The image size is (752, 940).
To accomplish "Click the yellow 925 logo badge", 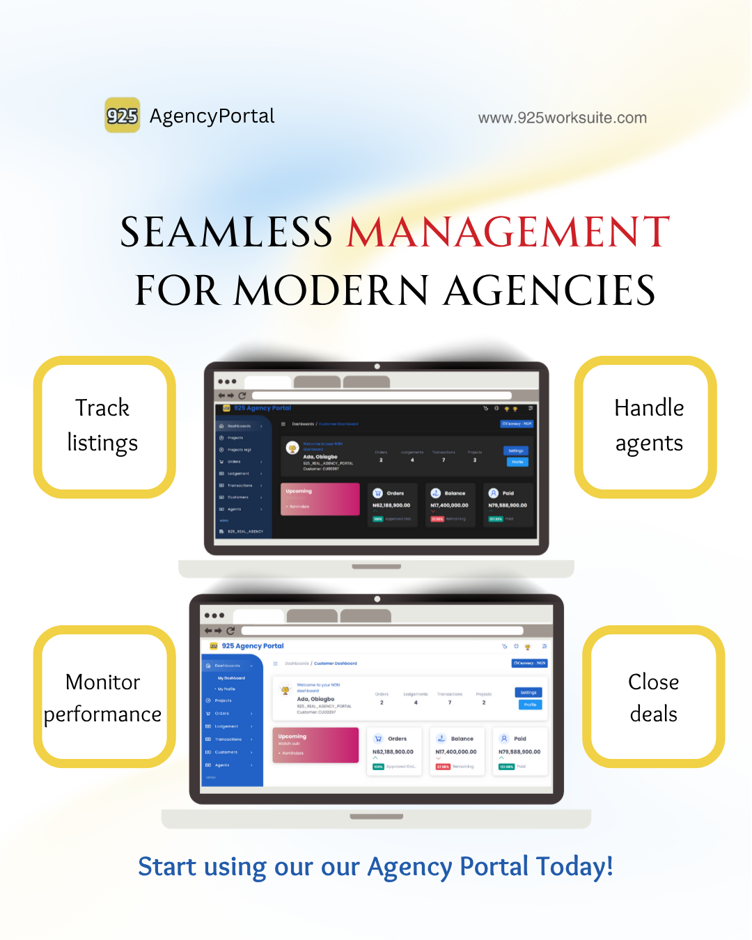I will pos(123,116).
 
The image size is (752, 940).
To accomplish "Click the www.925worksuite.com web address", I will pos(562,118).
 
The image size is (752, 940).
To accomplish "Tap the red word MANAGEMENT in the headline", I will pos(508,233).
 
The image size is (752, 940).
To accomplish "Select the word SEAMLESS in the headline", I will pos(226,233).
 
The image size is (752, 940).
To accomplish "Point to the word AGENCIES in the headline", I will pos(549,290).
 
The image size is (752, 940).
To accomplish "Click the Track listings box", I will pos(104,426).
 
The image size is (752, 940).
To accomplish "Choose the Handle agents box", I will pos(646,426).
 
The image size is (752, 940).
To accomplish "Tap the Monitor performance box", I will pos(104,696).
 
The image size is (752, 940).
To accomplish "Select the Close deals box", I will pos(653,696).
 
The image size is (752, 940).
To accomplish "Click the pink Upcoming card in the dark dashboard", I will pos(320,499).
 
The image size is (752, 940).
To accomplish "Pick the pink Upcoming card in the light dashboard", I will pos(315,745).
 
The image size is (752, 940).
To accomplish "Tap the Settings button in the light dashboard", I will pos(528,692).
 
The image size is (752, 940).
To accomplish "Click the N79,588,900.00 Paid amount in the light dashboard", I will pos(519,752).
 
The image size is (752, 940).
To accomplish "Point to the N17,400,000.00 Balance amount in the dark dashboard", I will pos(449,506).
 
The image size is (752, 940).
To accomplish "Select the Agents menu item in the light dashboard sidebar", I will pos(223,765).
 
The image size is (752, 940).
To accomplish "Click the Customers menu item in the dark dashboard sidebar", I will pos(238,497).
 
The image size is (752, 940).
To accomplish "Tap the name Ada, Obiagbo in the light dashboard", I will pos(315,699).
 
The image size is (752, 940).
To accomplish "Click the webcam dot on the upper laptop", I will pos(377,366).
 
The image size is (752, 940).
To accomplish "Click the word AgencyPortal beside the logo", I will pos(212,116).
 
